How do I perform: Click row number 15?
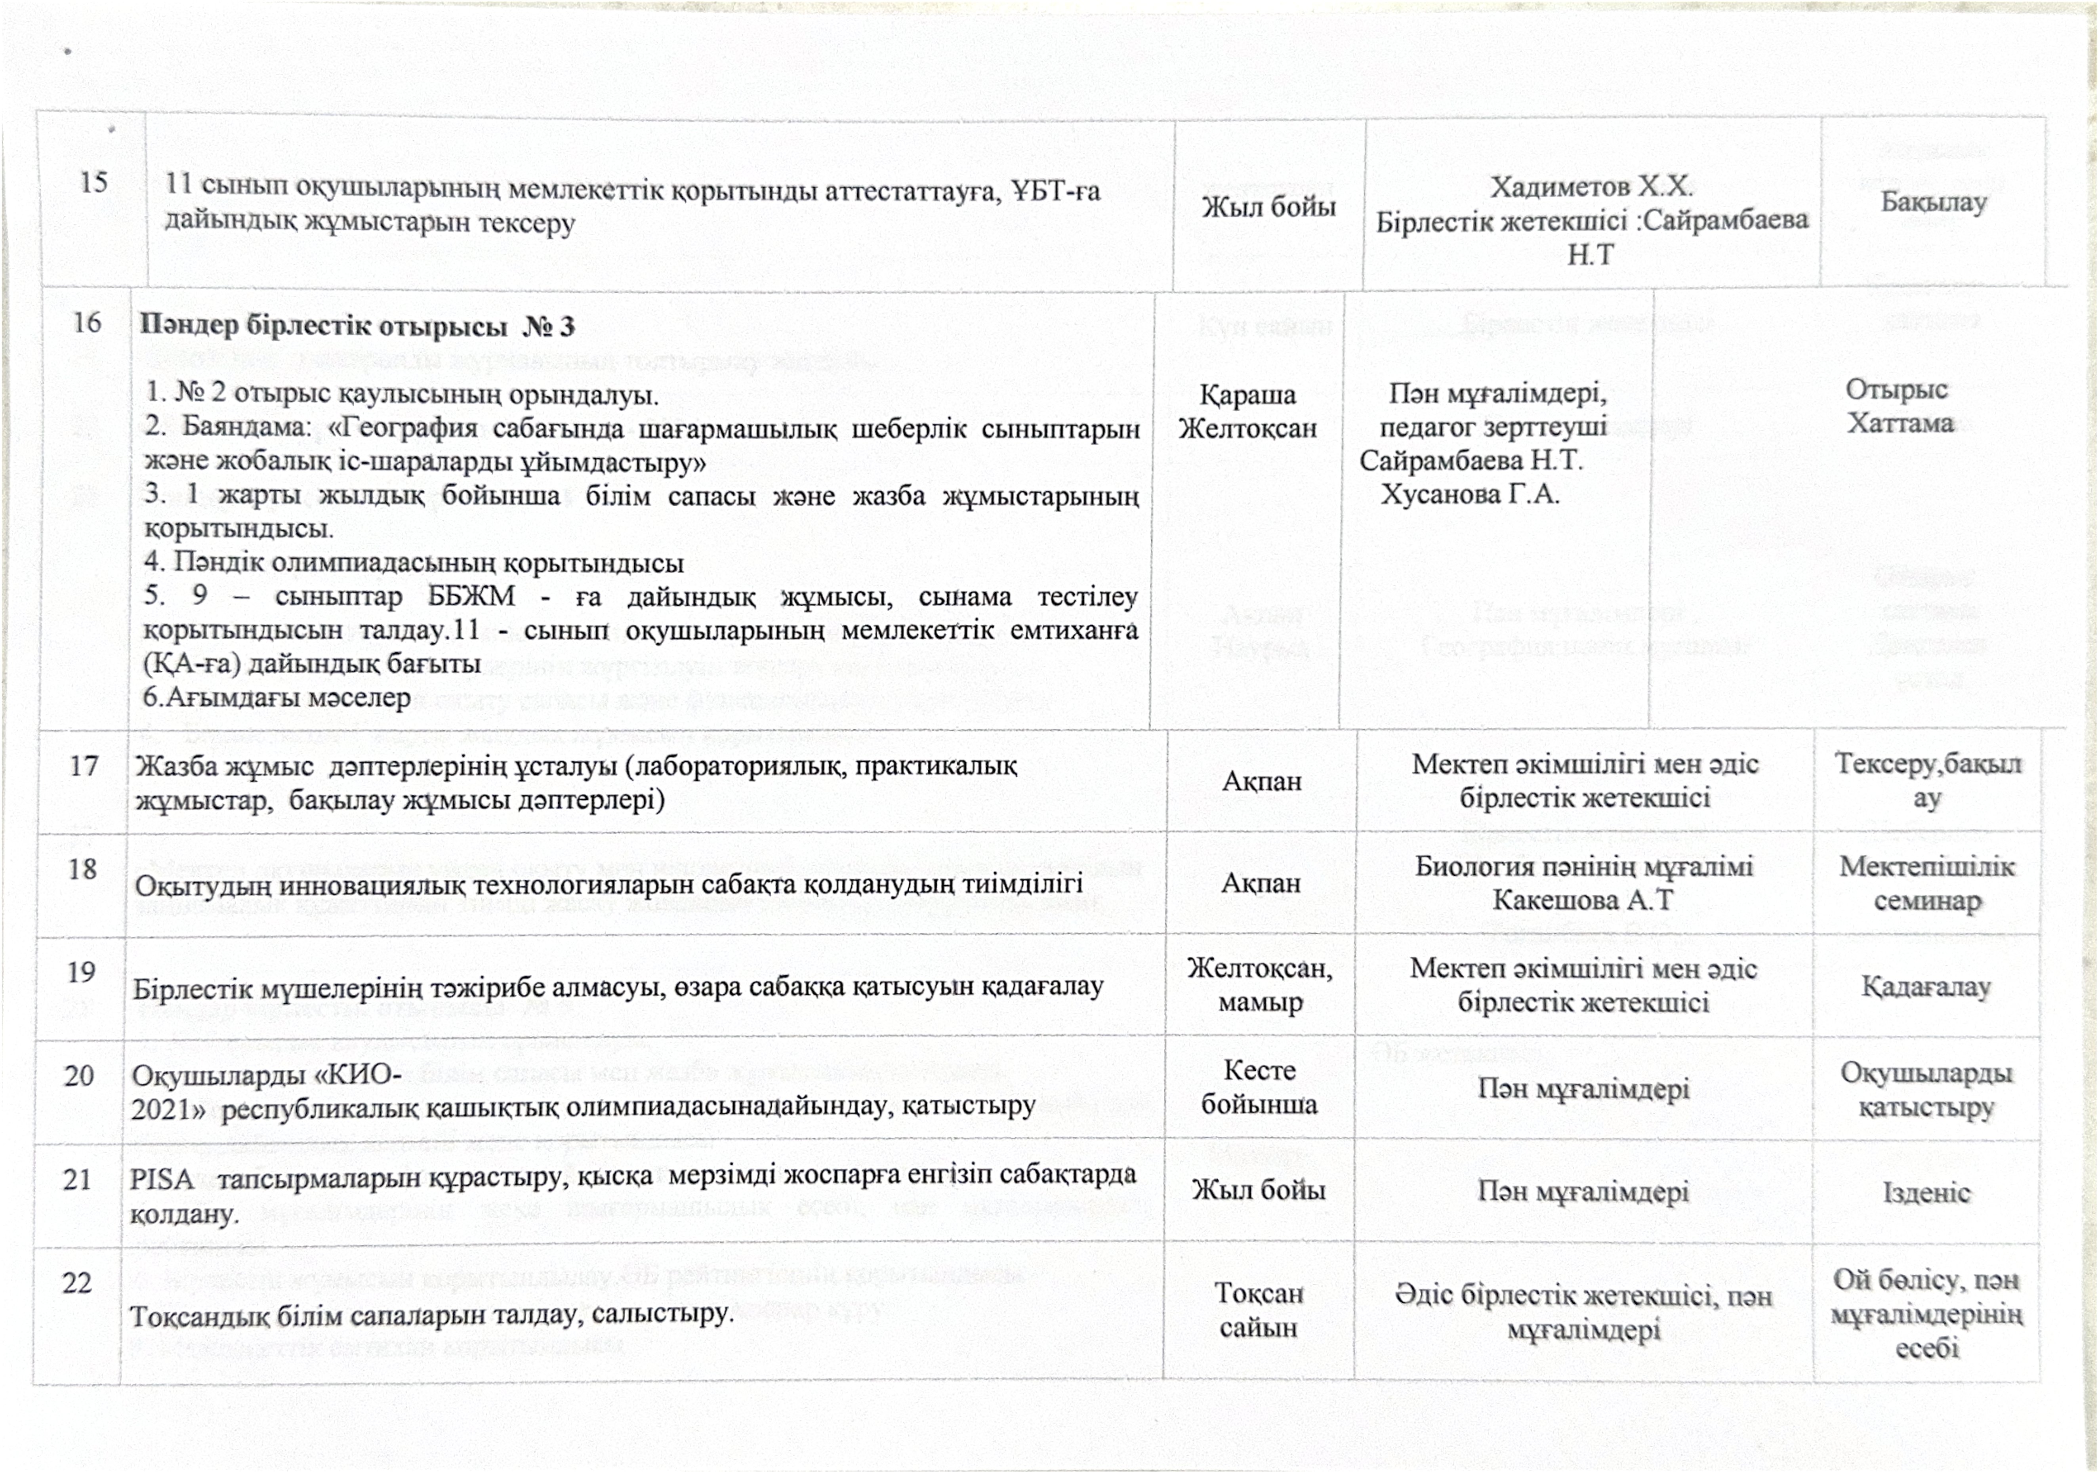point(93,183)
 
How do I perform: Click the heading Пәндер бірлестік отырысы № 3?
point(357,326)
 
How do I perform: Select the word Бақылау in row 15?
point(1933,202)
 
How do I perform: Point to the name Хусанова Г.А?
point(1469,494)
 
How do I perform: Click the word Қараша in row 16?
point(1247,395)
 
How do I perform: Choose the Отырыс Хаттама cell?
point(1899,406)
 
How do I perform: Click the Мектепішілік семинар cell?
point(1926,884)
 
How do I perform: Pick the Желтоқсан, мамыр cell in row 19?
point(1259,984)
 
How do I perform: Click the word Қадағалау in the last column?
point(1925,987)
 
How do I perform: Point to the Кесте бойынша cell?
point(1258,1087)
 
